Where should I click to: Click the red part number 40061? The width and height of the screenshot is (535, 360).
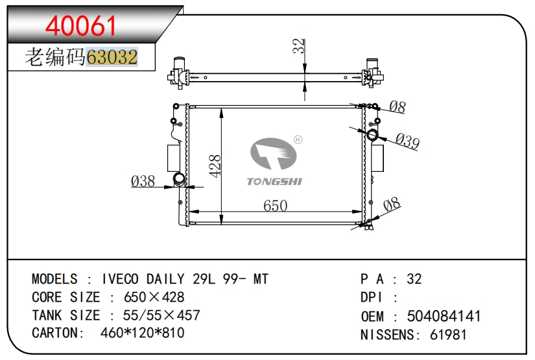[x=81, y=26]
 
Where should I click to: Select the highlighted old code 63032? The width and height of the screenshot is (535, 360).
[x=112, y=56]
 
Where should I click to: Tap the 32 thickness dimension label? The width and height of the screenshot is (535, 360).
[x=298, y=45]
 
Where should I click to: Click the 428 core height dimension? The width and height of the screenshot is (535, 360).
[x=215, y=166]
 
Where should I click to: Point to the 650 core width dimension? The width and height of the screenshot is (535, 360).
[x=276, y=206]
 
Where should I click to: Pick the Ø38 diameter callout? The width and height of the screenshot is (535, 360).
[x=143, y=181]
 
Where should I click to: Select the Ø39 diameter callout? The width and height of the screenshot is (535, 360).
[x=407, y=141]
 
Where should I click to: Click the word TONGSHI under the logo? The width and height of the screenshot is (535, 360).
[x=275, y=182]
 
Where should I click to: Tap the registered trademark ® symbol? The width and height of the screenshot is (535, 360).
[x=298, y=139]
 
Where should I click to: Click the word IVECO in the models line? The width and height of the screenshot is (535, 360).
[x=120, y=279]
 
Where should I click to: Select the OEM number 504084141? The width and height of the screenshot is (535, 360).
[x=444, y=316]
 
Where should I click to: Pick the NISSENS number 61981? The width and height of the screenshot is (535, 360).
[x=448, y=335]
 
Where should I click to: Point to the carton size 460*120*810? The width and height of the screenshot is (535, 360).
[x=142, y=332]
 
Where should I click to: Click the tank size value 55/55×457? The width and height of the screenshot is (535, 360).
[x=161, y=315]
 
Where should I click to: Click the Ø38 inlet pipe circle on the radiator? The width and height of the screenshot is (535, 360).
[x=179, y=178]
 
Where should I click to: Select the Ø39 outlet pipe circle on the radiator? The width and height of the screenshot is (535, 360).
[x=372, y=135]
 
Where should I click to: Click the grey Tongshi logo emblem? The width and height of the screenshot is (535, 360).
[x=273, y=154]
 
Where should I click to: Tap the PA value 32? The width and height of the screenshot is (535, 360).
[x=414, y=279]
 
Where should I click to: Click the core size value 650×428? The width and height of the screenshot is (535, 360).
[x=154, y=297]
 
